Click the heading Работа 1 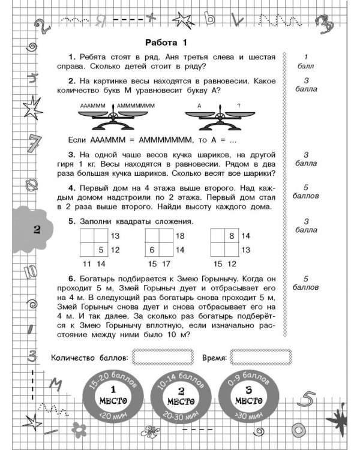pos(167,41)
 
